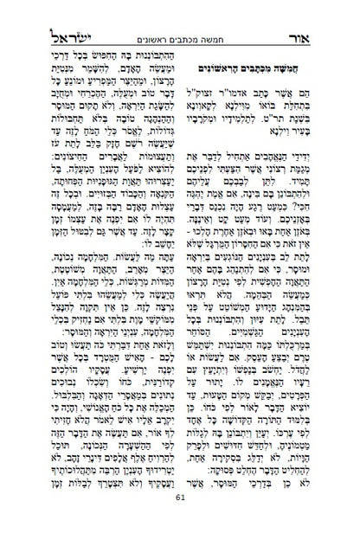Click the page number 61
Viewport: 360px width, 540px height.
click(180, 521)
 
